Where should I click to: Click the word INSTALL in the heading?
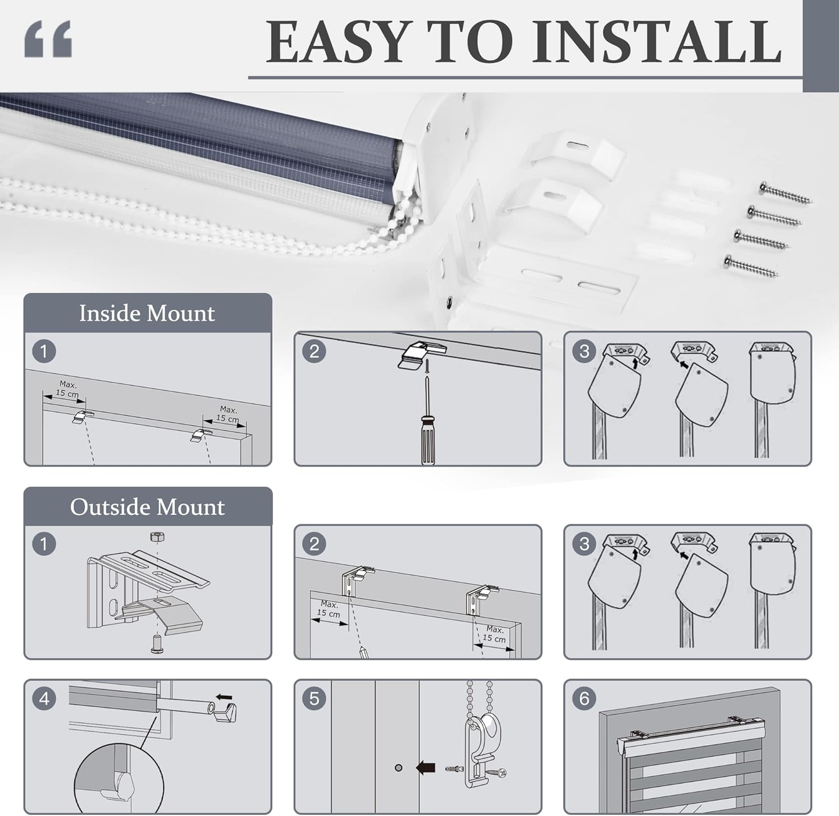[x=657, y=42]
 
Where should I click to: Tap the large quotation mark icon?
[x=48, y=39]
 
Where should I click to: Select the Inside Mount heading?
[x=147, y=313]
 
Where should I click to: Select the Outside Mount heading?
[x=147, y=507]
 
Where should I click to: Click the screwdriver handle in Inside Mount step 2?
[x=428, y=440]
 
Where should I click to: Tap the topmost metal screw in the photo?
[x=785, y=193]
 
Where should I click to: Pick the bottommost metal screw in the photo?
[x=751, y=266]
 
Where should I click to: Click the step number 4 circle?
[x=44, y=698]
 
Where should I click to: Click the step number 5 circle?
[x=314, y=698]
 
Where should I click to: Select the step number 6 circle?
[x=584, y=698]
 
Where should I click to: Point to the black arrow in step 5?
[x=426, y=768]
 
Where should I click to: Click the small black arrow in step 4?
[x=224, y=697]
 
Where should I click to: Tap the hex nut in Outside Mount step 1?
[x=157, y=537]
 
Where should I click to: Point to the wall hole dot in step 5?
[x=398, y=768]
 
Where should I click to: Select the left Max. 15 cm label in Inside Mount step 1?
[x=68, y=389]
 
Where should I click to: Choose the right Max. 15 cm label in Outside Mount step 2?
[x=494, y=634]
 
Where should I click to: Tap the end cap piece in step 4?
[x=225, y=712]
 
